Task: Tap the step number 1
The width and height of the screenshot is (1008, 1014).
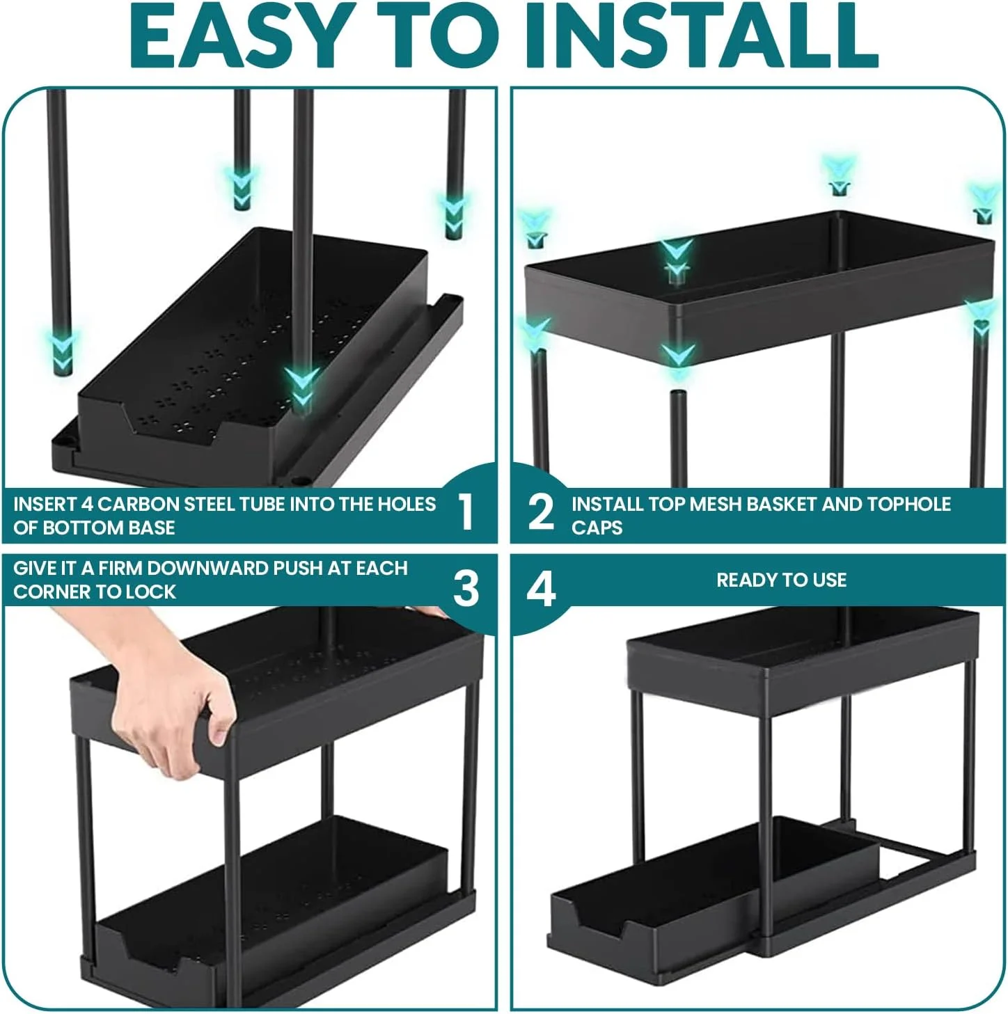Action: [x=466, y=512]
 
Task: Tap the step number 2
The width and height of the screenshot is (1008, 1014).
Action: [x=541, y=512]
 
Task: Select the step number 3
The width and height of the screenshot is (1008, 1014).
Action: [x=466, y=589]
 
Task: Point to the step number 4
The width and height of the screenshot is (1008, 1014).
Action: [x=541, y=589]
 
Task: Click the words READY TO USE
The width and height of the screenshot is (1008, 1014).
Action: [x=781, y=580]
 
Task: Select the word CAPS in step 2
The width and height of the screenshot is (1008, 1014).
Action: [x=597, y=528]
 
